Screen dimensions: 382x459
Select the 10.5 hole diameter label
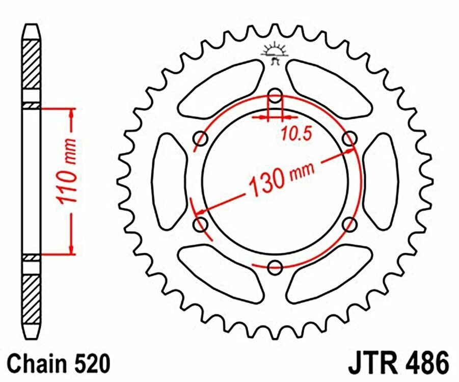pyautogui.click(x=293, y=133)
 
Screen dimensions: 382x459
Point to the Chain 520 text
pyautogui.click(x=60, y=365)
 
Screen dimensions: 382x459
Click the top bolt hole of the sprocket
pyautogui.click(x=275, y=95)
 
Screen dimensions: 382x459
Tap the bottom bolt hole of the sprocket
pyautogui.click(x=275, y=266)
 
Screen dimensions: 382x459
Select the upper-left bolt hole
pyautogui.click(x=201, y=138)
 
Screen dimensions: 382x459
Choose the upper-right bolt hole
pyautogui.click(x=349, y=138)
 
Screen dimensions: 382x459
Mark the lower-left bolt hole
pyautogui.click(x=201, y=224)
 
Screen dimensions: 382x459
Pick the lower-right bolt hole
pyautogui.click(x=349, y=224)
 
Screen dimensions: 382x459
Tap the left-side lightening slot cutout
pyautogui.click(x=169, y=181)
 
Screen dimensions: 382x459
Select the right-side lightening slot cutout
pyautogui.click(x=382, y=181)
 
